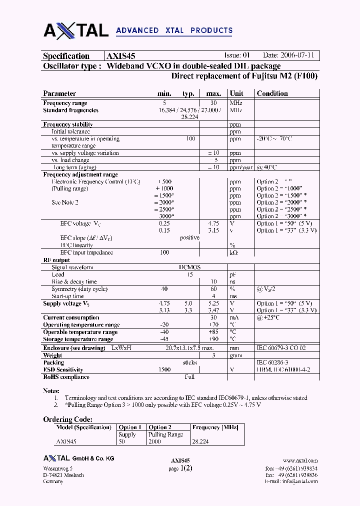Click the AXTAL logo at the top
click(x=76, y=30)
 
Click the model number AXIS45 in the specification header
click(x=120, y=56)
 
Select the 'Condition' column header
click(x=272, y=93)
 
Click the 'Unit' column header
click(x=236, y=93)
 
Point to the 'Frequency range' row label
click(x=65, y=103)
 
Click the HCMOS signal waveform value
click(x=190, y=267)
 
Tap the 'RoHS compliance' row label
click(x=66, y=376)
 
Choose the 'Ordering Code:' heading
click(x=67, y=419)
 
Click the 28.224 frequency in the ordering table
click(x=200, y=442)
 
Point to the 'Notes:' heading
click(x=51, y=390)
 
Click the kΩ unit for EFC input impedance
click(x=233, y=253)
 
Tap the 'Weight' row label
click(x=52, y=355)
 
